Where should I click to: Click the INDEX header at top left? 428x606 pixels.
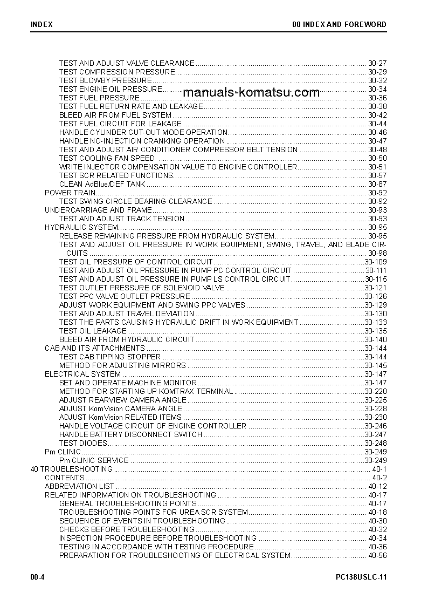pyautogui.click(x=41, y=24)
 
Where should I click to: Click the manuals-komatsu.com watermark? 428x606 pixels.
pyautogui.click(x=251, y=92)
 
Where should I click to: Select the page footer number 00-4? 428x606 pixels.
pyautogui.click(x=37, y=577)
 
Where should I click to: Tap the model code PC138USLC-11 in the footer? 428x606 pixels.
pyautogui.click(x=361, y=577)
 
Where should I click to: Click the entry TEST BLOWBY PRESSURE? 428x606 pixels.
pyautogui.click(x=98, y=80)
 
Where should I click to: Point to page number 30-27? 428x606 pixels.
pyautogui.click(x=377, y=63)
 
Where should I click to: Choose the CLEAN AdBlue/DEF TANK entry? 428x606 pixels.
pyautogui.click(x=102, y=184)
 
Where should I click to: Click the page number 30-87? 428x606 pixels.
pyautogui.click(x=377, y=184)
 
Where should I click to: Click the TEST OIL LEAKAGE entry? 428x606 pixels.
pyautogui.click(x=93, y=331)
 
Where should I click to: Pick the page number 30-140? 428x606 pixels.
pyautogui.click(x=376, y=339)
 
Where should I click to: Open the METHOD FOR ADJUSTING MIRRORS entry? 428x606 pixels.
pyautogui.click(x=122, y=365)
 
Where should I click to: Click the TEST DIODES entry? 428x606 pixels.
pyautogui.click(x=83, y=443)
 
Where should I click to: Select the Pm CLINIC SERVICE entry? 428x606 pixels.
pyautogui.click(x=94, y=460)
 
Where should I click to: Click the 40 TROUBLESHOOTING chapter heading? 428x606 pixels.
pyautogui.click(x=72, y=469)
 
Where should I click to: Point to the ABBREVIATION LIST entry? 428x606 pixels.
pyautogui.click(x=79, y=486)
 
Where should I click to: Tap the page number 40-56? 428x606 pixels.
pyautogui.click(x=377, y=555)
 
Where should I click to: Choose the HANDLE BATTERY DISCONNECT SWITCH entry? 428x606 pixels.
pyautogui.click(x=130, y=434)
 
